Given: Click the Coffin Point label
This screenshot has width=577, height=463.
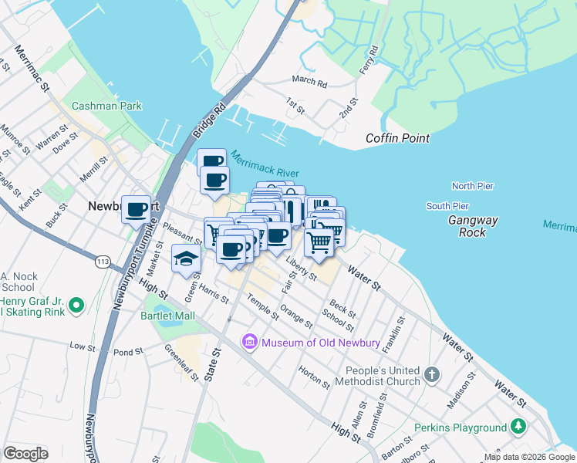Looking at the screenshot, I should coord(397,138).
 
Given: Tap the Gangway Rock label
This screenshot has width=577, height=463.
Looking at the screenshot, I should coord(474,226).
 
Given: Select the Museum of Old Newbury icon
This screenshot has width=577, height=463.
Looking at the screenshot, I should coord(249,342).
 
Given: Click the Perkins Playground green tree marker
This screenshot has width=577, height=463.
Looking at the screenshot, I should coord(518,427).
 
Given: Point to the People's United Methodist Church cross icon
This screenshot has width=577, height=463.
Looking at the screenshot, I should coord(432,376).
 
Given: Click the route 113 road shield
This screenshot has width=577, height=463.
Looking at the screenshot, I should coord(102,262).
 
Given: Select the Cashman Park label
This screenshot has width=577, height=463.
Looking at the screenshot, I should coord(106,106).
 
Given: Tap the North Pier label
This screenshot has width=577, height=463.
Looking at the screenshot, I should coord(472,186).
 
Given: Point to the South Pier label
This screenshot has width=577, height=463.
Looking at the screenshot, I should coord(447,206).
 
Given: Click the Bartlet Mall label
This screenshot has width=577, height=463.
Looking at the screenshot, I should coord(167,316).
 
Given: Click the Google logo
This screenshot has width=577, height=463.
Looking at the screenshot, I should coord(25,454).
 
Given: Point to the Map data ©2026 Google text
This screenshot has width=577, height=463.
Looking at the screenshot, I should coord(528,457).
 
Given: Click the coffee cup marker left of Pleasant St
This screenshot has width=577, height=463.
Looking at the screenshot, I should coord(137,209).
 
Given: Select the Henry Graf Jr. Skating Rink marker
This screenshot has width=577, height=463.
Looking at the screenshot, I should coord(76,306).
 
